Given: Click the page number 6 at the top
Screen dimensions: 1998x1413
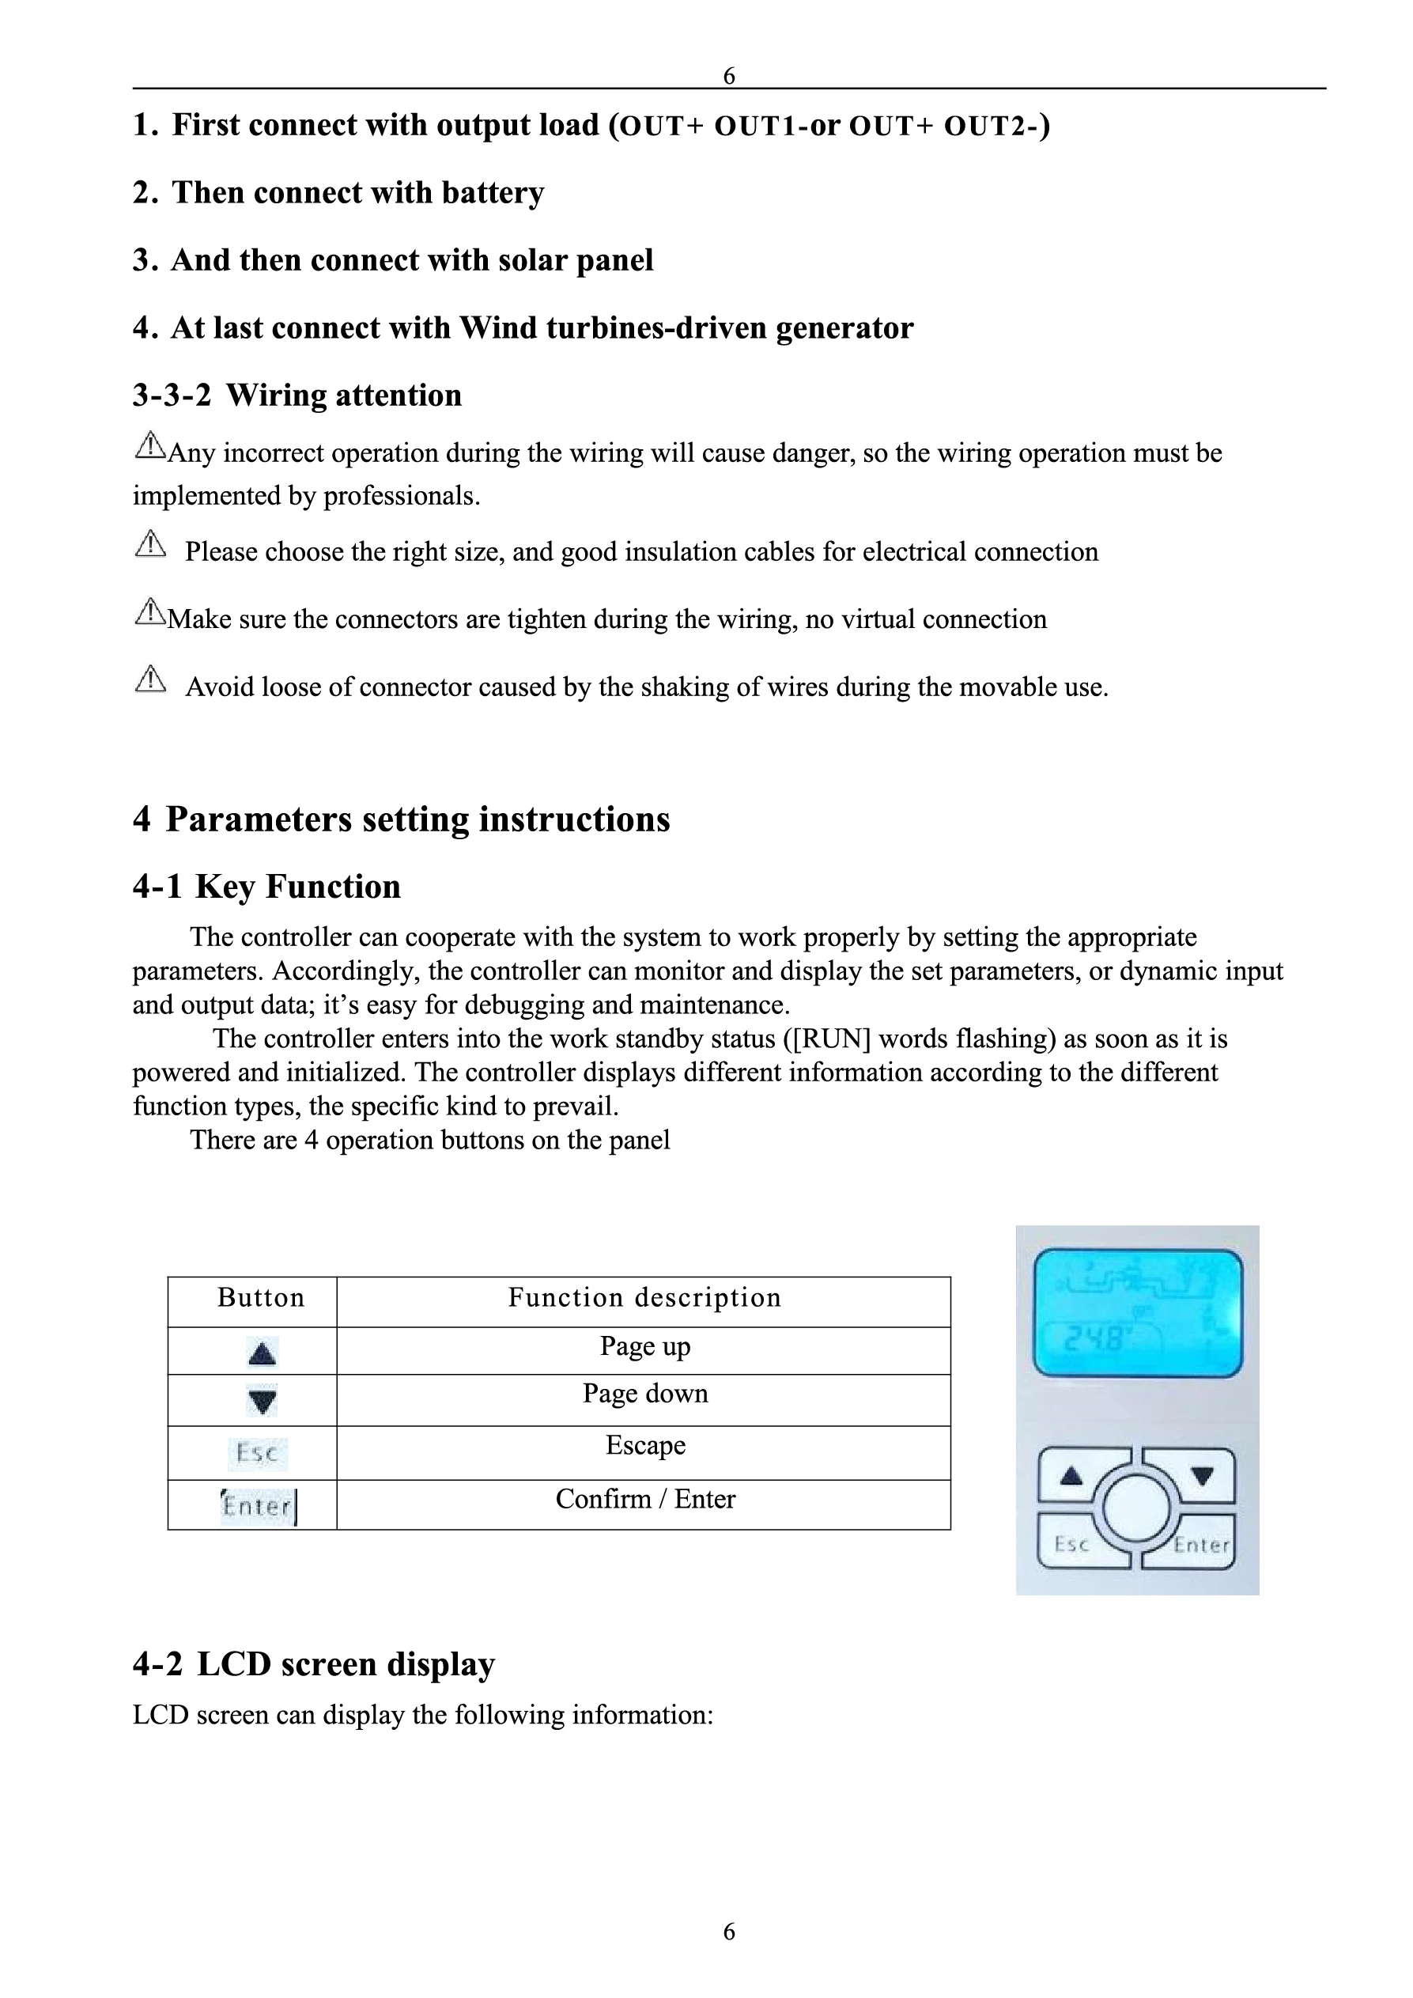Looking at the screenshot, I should coord(729,76).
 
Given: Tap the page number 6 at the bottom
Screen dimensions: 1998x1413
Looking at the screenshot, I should coord(729,1931).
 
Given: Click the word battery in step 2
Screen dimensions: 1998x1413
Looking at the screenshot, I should coord(493,192).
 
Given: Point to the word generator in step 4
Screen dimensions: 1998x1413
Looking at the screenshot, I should coord(844,328).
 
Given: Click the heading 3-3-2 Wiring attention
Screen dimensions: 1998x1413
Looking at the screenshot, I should coord(297,395).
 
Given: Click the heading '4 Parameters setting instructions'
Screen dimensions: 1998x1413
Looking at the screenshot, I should coord(401,819).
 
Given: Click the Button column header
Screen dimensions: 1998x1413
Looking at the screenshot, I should coord(260,1297).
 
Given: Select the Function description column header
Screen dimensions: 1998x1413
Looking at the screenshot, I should coord(644,1297).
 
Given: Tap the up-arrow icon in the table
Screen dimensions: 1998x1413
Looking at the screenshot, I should coord(262,1353).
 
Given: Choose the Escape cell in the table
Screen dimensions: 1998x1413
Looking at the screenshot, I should coord(644,1445).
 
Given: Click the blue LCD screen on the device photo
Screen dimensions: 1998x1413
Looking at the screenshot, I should coord(1137,1313).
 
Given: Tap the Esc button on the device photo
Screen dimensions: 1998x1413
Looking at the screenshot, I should coord(1072,1544).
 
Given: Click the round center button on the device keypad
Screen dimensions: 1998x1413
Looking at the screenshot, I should coord(1136,1508).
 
